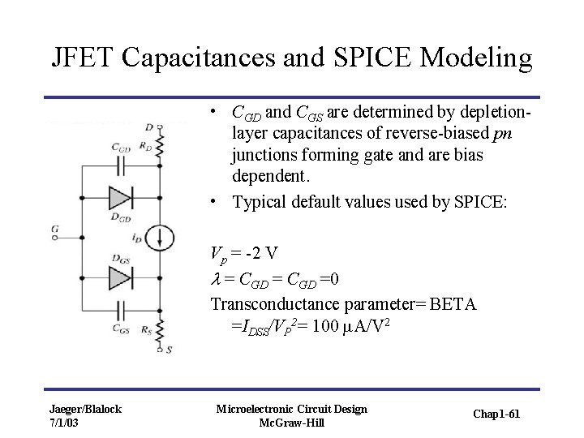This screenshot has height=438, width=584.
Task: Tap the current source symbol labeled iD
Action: coord(161,238)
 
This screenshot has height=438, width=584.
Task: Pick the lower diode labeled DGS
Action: coord(120,277)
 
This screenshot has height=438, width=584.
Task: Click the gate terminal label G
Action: coord(54,230)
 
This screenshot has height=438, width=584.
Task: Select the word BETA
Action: coord(450,304)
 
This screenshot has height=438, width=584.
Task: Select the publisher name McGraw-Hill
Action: coord(291,423)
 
